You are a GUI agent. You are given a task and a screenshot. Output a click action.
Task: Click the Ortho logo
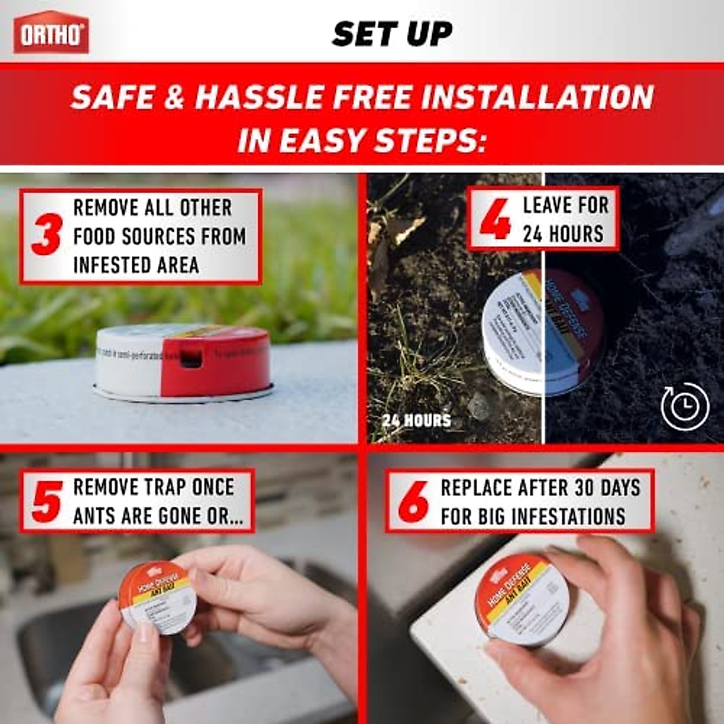pos(51,33)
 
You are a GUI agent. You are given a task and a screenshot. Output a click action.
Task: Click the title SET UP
pos(392,34)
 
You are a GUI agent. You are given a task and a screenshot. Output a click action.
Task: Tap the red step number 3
pos(46,236)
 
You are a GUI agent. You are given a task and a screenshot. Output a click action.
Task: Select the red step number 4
pos(495,220)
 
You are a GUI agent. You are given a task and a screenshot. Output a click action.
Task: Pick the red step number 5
pos(47,501)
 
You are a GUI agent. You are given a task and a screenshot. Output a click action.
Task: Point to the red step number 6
pos(413,501)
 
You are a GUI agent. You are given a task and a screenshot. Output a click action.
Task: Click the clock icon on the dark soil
pos(685,406)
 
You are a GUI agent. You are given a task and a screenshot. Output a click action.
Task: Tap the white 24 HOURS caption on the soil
pos(416,420)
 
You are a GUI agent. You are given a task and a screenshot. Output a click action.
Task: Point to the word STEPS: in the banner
pos(430,141)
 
